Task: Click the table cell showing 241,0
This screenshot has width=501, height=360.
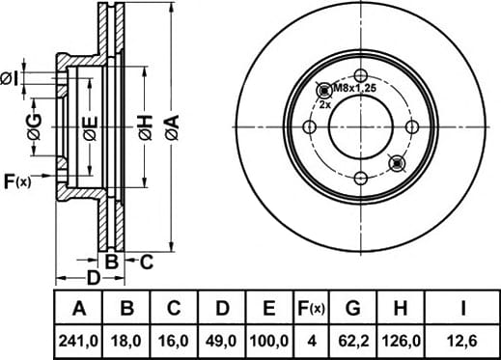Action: pyautogui.click(x=78, y=341)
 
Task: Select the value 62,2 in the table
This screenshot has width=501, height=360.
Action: pyautogui.click(x=353, y=341)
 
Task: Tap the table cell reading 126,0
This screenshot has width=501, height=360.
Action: pyautogui.click(x=401, y=341)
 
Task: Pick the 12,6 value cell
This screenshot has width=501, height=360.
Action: pyautogui.click(x=462, y=341)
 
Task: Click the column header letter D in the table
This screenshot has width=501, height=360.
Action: pyautogui.click(x=222, y=308)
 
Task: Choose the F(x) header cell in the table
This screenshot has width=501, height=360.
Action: pyautogui.click(x=311, y=308)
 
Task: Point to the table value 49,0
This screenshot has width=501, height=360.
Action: pyautogui.click(x=222, y=341)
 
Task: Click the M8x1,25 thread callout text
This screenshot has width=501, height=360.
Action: pyautogui.click(x=354, y=88)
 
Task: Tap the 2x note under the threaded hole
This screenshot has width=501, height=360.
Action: pyautogui.click(x=325, y=104)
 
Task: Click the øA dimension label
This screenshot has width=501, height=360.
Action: pyautogui.click(x=172, y=127)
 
